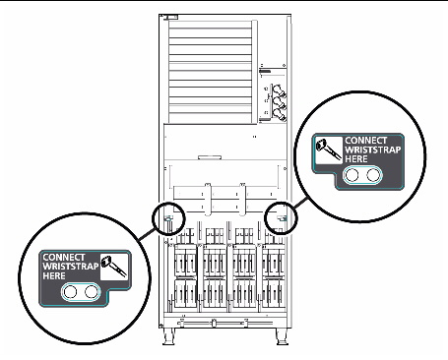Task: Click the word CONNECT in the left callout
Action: tap(64, 258)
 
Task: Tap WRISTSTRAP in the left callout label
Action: tap(71, 267)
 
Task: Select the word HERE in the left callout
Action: tap(54, 276)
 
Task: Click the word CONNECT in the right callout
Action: tap(366, 141)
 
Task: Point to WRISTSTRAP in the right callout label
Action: tap(373, 150)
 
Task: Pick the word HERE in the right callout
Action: tap(356, 159)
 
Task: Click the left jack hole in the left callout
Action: tap(70, 291)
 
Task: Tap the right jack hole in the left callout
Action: tap(92, 291)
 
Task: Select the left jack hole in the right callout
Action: tap(352, 175)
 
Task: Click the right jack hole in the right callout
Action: tap(373, 175)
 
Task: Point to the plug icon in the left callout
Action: tap(113, 267)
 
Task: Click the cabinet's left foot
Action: tap(168, 336)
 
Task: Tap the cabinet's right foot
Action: tap(282, 336)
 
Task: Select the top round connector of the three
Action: tap(279, 90)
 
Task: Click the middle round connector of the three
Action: tap(279, 102)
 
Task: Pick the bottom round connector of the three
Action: tap(279, 114)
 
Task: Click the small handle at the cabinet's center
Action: tap(210, 157)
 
